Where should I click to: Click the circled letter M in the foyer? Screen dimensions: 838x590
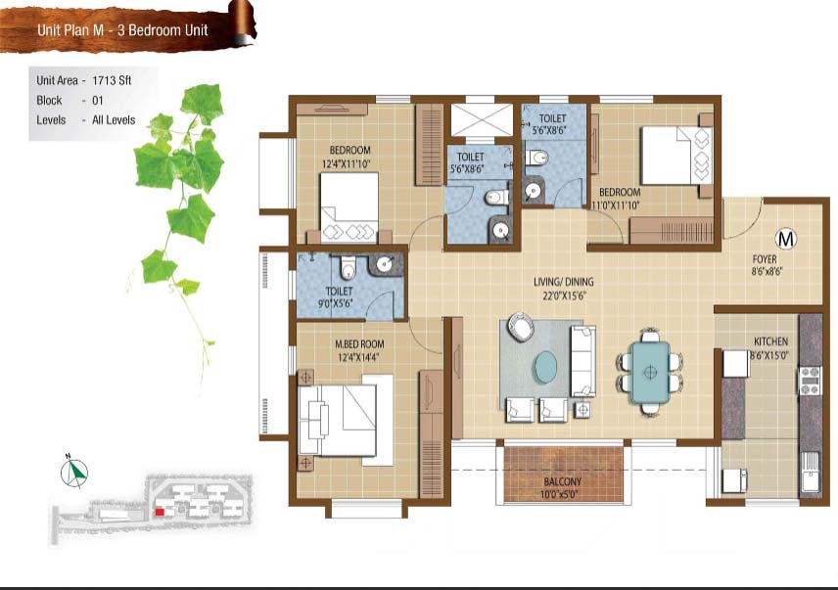[x=785, y=239]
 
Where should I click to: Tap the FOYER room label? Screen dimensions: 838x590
[x=765, y=259]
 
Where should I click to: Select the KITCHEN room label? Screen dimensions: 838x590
[x=770, y=341]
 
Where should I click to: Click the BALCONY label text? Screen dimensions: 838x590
[x=562, y=481]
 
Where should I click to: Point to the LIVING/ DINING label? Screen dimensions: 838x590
[x=563, y=282]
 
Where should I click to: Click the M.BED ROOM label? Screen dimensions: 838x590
[x=359, y=344]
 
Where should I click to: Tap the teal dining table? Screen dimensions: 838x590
[x=649, y=372]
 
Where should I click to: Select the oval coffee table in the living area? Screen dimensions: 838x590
[x=545, y=367]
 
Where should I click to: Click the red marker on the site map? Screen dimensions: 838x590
[x=160, y=512]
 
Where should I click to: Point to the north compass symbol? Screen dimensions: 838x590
[x=73, y=472]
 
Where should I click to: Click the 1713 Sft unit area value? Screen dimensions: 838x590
[x=112, y=80]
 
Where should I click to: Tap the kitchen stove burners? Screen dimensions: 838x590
[x=810, y=381]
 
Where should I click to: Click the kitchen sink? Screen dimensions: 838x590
[x=811, y=473]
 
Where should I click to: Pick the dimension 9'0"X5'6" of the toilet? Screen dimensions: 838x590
[x=335, y=304]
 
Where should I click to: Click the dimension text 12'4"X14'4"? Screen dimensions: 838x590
[x=358, y=357]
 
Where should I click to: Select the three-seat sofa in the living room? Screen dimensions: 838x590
[x=583, y=361]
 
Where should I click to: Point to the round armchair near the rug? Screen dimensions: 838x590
[x=521, y=326]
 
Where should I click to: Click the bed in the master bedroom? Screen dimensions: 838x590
[x=338, y=421]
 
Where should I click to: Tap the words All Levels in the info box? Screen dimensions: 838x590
[x=114, y=120]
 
